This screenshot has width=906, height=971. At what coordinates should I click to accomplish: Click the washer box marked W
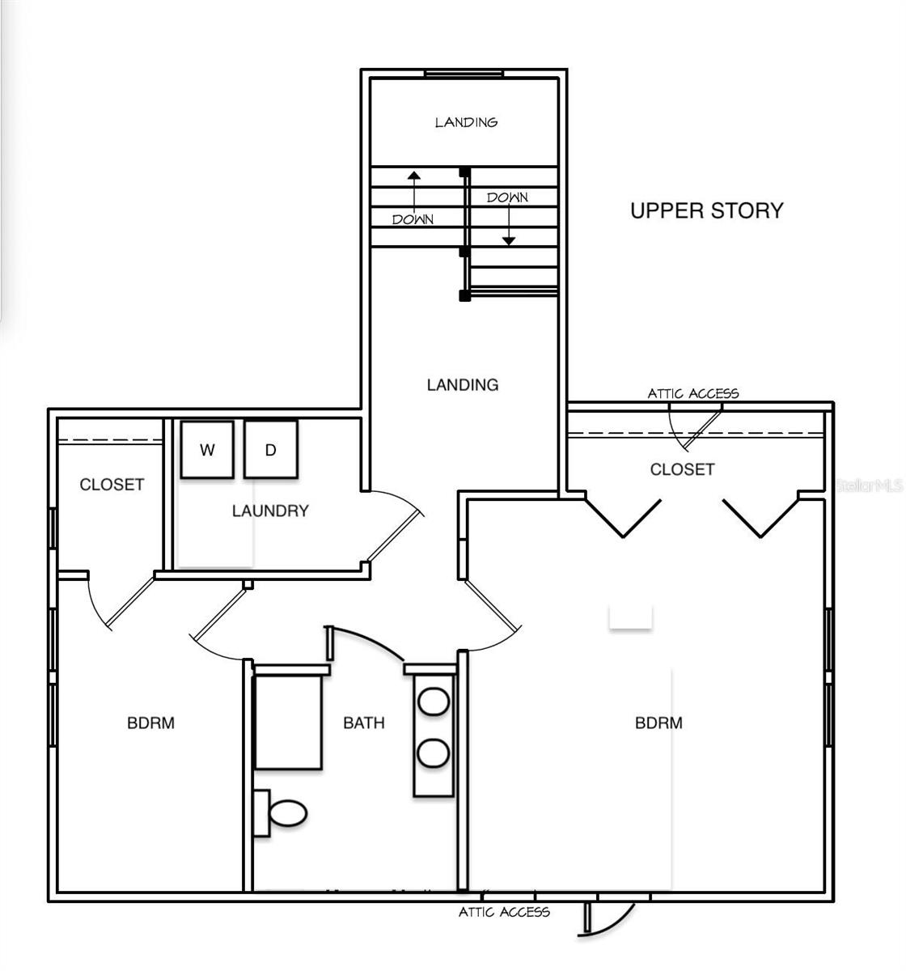click(x=207, y=450)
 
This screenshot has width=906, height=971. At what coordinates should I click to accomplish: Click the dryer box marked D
click(x=271, y=450)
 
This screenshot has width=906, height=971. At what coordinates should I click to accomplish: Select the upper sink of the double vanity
click(x=434, y=701)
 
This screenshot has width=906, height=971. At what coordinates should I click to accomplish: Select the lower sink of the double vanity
click(x=434, y=753)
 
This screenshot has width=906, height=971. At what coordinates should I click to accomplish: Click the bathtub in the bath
click(x=289, y=722)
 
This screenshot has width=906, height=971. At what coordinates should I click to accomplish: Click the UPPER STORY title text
click(x=706, y=210)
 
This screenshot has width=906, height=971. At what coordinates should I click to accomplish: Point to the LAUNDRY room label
click(x=270, y=511)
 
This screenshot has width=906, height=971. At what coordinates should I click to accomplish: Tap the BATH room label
click(x=364, y=723)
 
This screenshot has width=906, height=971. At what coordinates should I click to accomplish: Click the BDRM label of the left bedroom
click(x=150, y=723)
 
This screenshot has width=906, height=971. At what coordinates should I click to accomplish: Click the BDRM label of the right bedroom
click(x=658, y=723)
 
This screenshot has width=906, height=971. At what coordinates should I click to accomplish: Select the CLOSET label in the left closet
click(x=112, y=485)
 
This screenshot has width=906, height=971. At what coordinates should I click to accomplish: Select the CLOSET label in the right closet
click(x=682, y=469)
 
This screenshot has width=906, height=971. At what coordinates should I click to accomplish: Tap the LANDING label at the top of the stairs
click(x=466, y=122)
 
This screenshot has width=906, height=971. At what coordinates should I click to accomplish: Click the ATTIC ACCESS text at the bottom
click(x=504, y=912)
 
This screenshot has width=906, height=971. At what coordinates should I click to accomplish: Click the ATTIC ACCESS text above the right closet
click(x=692, y=393)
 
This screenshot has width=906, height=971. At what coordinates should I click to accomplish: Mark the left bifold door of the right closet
click(x=623, y=518)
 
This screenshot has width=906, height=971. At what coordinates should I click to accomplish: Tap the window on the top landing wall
click(x=464, y=74)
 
